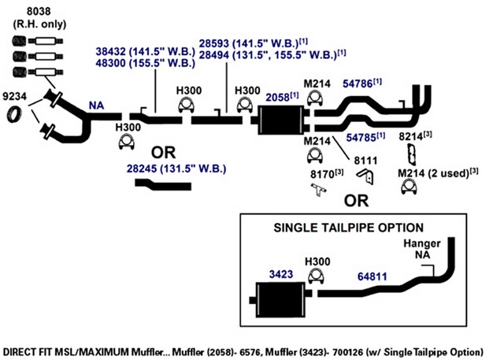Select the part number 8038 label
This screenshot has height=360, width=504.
(39, 12)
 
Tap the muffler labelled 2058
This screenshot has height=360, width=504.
(282, 120)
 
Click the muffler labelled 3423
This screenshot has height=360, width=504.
(280, 300)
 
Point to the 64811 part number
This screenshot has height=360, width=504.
(372, 276)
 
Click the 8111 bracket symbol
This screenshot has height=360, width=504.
(365, 176)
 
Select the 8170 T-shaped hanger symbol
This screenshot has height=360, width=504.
(318, 190)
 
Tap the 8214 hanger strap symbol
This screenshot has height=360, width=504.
(412, 155)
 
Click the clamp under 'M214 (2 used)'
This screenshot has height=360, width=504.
(409, 187)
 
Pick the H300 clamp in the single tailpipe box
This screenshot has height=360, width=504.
(317, 276)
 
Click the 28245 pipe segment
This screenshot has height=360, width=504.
(163, 185)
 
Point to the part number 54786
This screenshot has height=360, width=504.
(358, 84)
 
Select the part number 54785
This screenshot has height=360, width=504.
(361, 138)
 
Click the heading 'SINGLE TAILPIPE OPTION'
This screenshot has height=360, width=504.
(348, 228)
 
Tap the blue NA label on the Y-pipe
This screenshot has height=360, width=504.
(96, 106)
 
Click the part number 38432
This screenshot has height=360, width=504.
(110, 51)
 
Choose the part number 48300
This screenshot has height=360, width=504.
(110, 63)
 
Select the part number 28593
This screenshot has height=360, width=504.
(213, 43)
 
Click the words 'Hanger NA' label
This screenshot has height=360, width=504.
(422, 249)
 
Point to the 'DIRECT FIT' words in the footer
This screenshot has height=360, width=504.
(27, 351)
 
